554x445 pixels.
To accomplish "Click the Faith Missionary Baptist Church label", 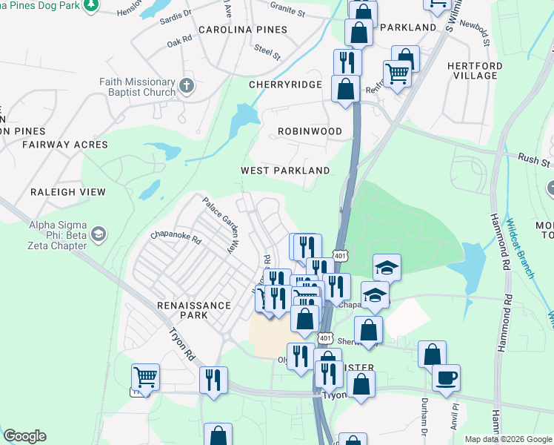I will tap(138, 87).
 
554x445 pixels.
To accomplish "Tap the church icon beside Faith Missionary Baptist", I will tap(186, 85).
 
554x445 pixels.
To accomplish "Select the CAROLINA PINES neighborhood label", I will tap(242, 30).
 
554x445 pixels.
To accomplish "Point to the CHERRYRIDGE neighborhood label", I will tap(285, 85).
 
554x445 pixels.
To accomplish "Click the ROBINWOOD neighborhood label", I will tap(310, 131).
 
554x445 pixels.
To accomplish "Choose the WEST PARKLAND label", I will tap(285, 171).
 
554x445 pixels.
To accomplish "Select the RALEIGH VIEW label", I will tap(68, 192).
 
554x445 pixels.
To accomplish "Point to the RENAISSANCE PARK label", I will tap(181, 310).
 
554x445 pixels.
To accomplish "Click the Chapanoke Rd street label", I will tap(176, 240).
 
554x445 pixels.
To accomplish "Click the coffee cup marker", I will tap(446, 377).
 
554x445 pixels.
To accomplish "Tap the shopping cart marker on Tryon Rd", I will tap(146, 377).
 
